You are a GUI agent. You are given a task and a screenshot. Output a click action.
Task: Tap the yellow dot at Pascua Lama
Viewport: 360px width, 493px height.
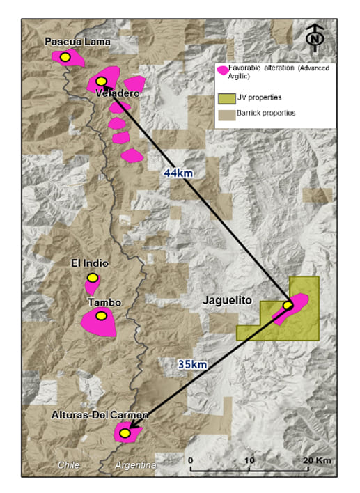tap(65, 57)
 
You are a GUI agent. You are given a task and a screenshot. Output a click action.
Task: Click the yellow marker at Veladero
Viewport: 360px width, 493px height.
tap(101, 81)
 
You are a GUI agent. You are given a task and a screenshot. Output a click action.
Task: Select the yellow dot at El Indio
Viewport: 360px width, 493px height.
tap(93, 277)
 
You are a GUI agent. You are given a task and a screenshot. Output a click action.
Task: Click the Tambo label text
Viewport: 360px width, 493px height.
tap(104, 302)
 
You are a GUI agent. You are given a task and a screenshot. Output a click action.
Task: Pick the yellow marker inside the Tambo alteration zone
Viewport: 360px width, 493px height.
tap(101, 316)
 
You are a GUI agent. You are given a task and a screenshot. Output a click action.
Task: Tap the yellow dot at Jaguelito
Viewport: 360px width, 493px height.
tap(288, 305)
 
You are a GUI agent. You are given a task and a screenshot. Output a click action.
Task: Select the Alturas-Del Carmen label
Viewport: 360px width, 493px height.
tap(100, 415)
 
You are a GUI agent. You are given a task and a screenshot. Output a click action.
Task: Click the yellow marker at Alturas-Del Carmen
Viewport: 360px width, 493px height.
tap(125, 433)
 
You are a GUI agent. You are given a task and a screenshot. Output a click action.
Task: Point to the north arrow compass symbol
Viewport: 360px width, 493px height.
tap(315, 38)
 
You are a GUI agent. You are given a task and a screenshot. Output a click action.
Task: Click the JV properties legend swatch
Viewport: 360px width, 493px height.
tap(226, 98)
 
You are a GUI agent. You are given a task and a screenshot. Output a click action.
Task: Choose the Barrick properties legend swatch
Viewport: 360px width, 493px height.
tap(226, 113)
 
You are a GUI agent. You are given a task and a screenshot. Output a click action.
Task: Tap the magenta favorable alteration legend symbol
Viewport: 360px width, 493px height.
tap(223, 71)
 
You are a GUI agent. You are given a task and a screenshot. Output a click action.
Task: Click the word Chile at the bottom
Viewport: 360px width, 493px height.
tap(70, 464)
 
